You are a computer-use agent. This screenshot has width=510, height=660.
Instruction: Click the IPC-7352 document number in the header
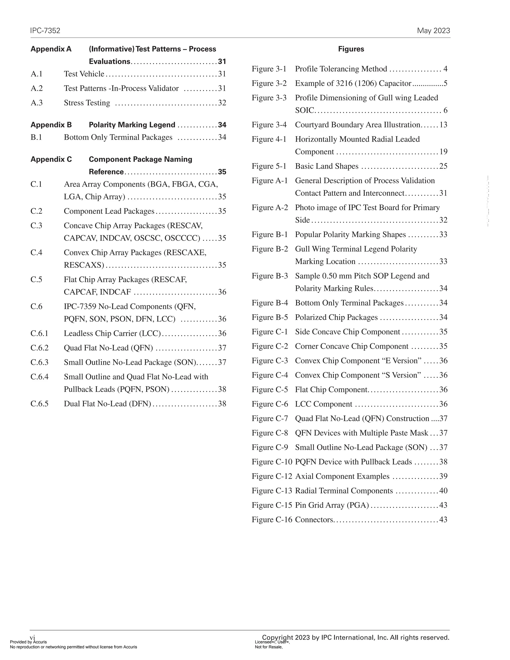(x=45, y=31)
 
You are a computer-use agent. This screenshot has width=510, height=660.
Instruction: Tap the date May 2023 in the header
(x=433, y=31)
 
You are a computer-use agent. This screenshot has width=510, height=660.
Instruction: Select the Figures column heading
(x=351, y=49)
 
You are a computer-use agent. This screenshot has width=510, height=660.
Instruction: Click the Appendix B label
(x=51, y=125)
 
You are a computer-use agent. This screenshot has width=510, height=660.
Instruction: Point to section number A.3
(x=37, y=103)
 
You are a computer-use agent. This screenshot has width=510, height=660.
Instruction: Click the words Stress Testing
(x=87, y=103)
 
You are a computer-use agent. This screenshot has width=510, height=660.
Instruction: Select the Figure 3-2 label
(x=269, y=83)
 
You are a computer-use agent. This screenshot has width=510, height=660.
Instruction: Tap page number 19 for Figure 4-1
(x=443, y=152)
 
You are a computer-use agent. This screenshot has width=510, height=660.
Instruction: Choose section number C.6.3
(x=39, y=362)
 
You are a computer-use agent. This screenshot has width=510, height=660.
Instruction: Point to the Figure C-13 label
(x=272, y=491)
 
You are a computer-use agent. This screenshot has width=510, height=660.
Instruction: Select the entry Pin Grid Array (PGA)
(x=332, y=505)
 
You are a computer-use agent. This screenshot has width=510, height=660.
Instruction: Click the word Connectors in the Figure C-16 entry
(x=314, y=520)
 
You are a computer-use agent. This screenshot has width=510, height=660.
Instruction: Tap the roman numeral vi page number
(x=32, y=638)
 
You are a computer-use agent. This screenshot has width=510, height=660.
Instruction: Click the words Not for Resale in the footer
(x=268, y=647)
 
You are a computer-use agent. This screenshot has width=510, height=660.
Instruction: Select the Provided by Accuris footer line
(x=28, y=642)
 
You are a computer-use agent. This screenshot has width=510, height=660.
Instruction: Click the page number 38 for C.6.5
(x=222, y=404)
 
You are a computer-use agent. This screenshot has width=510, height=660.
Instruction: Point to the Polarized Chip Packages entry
(x=336, y=317)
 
